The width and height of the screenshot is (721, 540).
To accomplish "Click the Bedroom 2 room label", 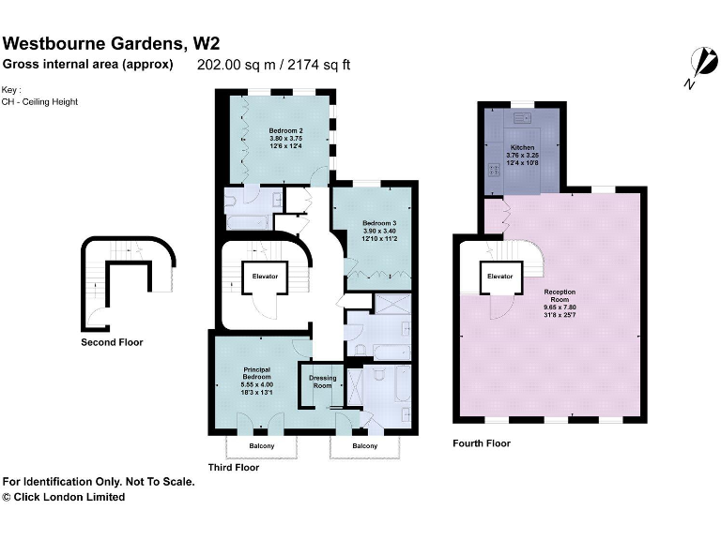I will (x=285, y=130).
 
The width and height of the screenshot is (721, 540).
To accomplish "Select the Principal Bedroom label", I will (x=256, y=370).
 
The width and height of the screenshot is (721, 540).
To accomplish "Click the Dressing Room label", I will (x=322, y=382).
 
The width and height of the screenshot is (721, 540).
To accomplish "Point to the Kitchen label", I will (x=523, y=148).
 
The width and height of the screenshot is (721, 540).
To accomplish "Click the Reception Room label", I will (x=560, y=292).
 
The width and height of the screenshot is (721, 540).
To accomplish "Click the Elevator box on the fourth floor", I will (x=499, y=277).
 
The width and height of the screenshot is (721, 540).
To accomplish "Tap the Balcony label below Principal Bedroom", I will (x=262, y=445).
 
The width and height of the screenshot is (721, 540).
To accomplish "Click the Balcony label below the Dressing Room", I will (x=364, y=445).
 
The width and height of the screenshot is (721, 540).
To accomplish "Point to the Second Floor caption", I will (x=112, y=343).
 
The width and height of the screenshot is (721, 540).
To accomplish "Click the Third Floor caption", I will (x=233, y=467).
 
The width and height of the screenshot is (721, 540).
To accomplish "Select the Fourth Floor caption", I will (x=482, y=443).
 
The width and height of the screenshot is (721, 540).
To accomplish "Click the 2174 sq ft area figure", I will (x=321, y=66).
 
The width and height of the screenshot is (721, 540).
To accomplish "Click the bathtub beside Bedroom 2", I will (x=246, y=222).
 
